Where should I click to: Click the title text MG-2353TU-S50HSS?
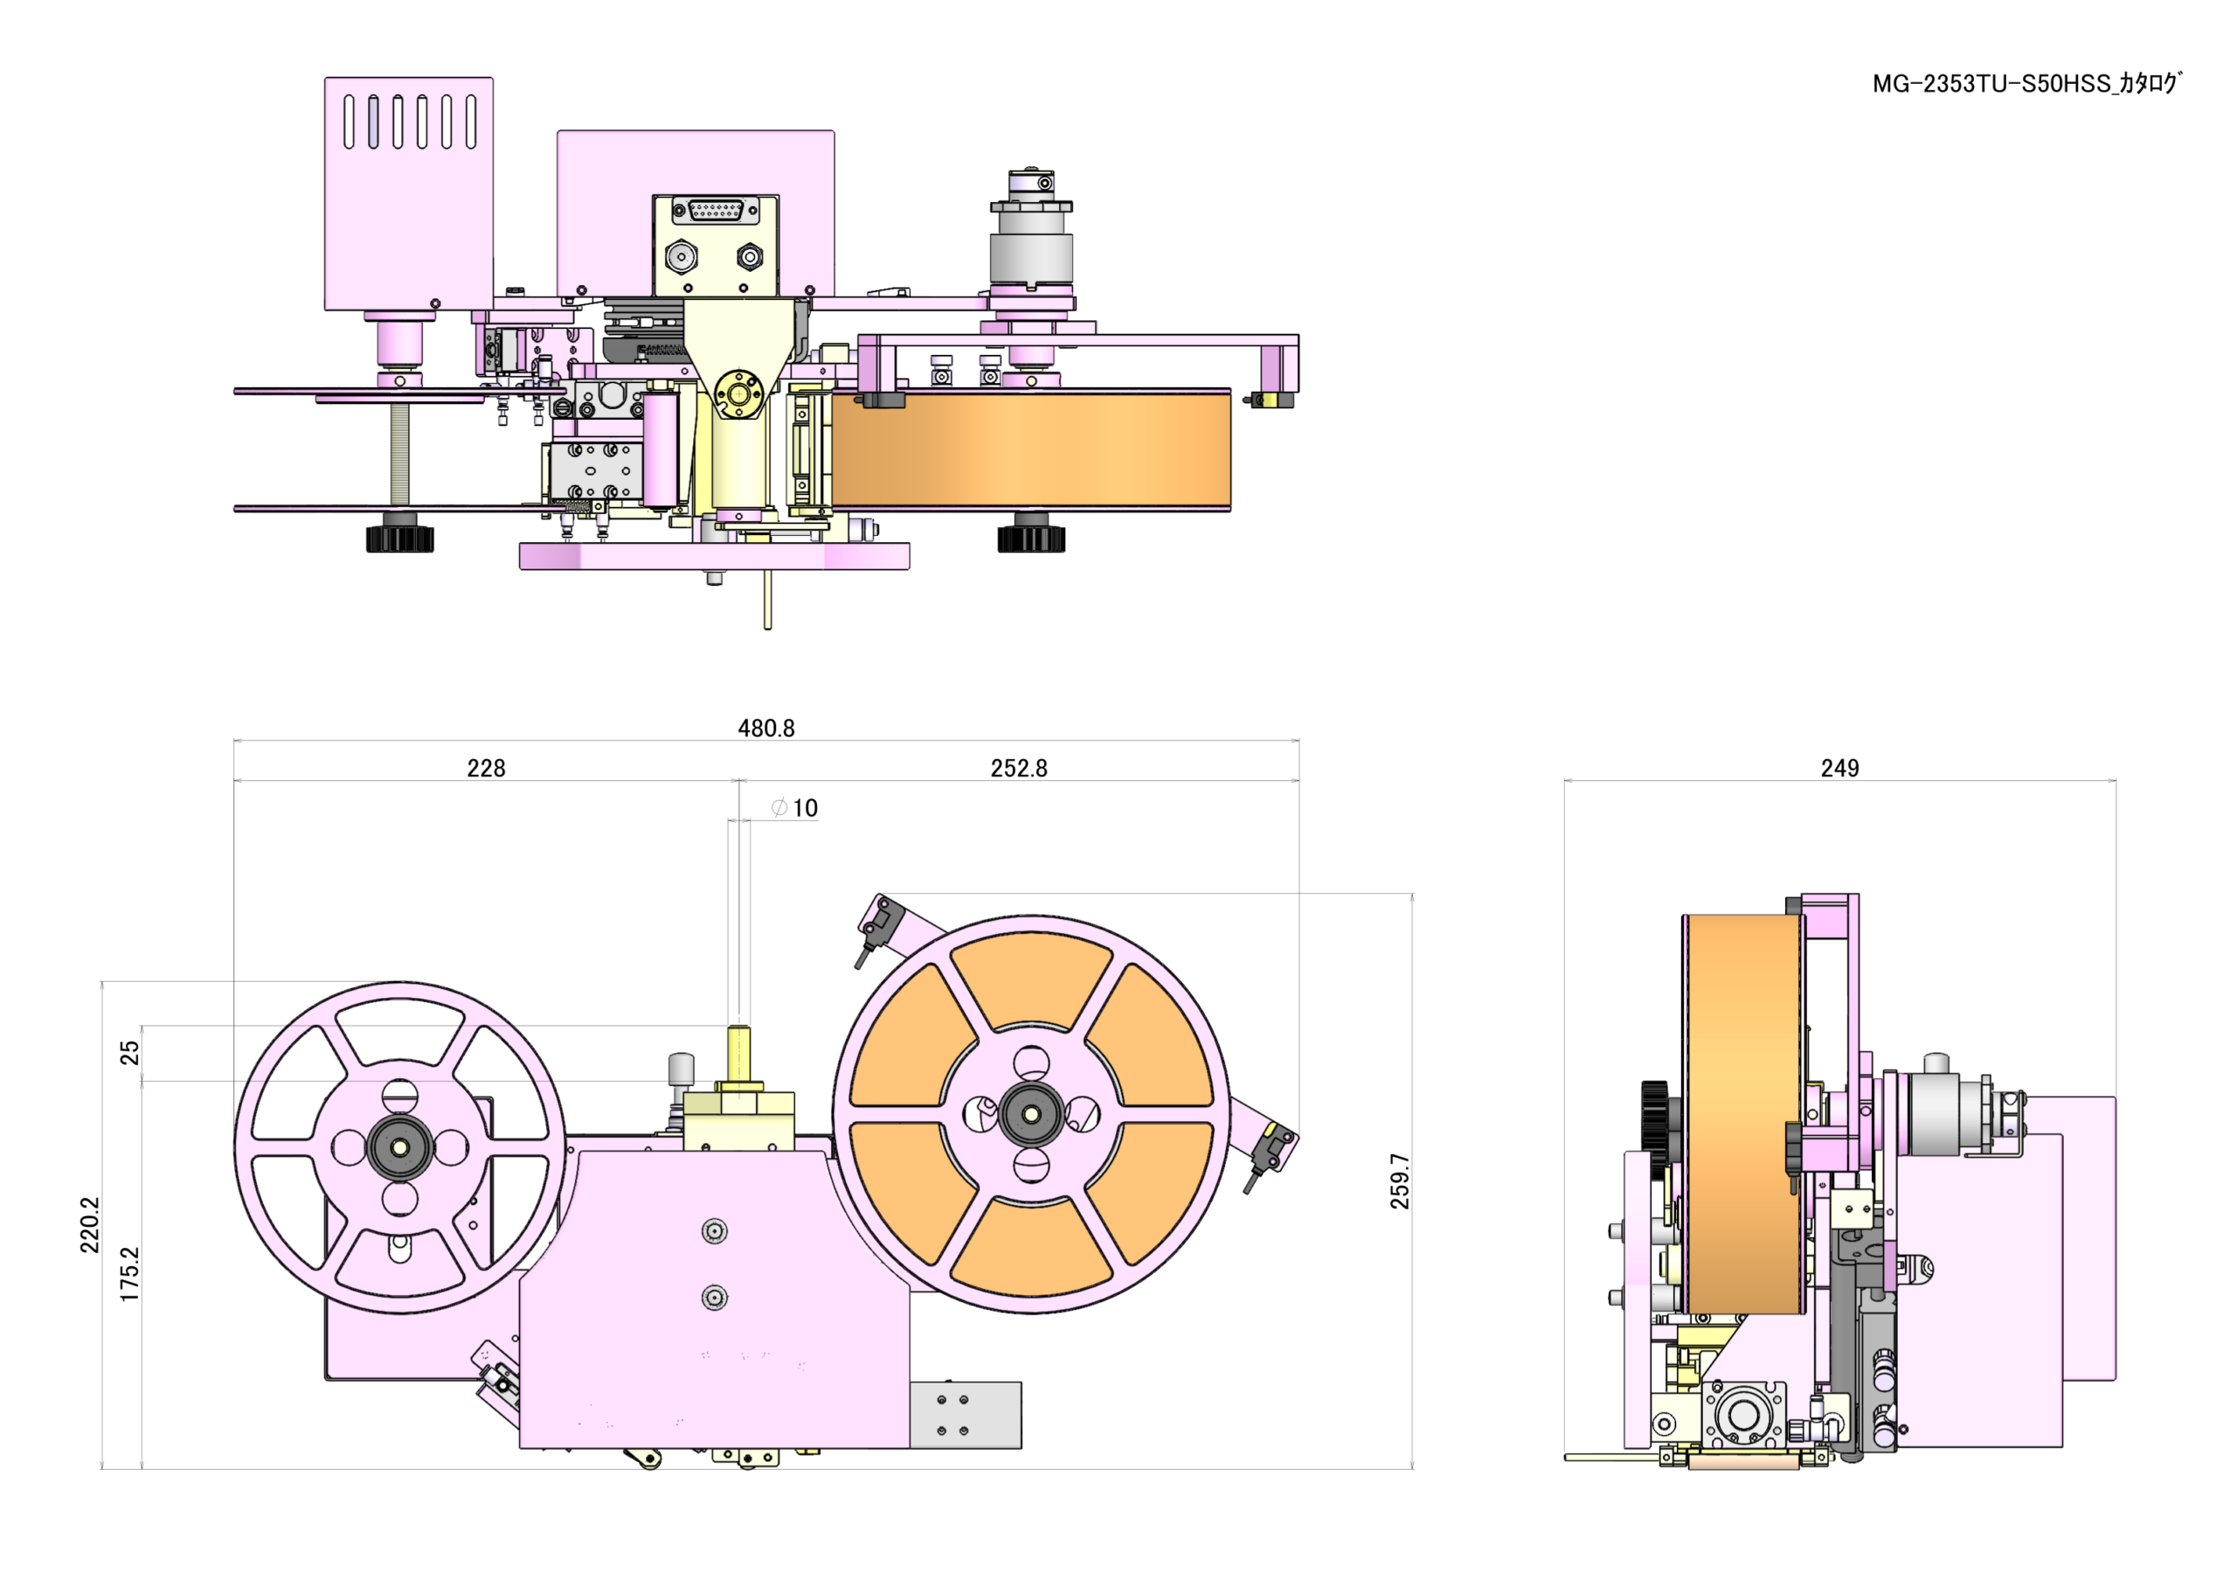pos(1991,84)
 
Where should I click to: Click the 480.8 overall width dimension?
pos(765,728)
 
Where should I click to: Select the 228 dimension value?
pos(486,768)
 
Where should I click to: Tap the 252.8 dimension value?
pos(1018,768)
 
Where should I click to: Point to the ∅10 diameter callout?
pos(794,808)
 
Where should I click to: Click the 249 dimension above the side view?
pos(1839,768)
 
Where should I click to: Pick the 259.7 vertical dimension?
pos(1400,1181)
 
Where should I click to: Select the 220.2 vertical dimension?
pos(90,1225)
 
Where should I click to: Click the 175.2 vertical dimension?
pos(129,1274)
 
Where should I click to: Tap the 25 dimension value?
pos(129,1053)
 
